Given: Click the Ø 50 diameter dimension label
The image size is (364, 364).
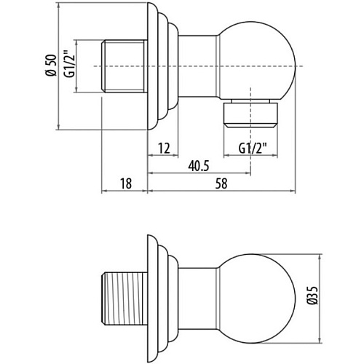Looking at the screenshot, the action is click(x=51, y=66).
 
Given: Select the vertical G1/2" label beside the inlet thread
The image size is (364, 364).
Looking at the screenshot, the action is click(x=69, y=64).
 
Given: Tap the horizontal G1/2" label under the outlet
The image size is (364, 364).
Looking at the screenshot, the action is click(x=253, y=149).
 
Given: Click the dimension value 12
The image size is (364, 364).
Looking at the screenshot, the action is click(x=164, y=149).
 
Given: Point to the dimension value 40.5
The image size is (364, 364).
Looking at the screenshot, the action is click(x=199, y=166).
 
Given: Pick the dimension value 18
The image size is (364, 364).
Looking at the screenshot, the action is click(x=126, y=183).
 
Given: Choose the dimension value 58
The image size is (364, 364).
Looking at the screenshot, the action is click(x=221, y=183).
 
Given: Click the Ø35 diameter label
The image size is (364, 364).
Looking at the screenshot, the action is click(x=312, y=295).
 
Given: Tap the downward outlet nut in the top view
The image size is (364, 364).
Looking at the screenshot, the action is click(x=250, y=114).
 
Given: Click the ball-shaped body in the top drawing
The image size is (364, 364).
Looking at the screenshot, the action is click(x=257, y=61).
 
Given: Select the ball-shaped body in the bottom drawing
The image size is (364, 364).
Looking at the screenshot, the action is click(x=257, y=299).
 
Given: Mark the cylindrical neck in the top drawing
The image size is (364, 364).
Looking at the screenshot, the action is click(x=197, y=67).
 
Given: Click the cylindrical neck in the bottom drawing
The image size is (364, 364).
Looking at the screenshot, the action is click(x=197, y=299).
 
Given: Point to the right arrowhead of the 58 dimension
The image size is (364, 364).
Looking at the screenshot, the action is click(x=293, y=191).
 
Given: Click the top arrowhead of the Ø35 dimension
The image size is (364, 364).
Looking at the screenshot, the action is click(x=320, y=257).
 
